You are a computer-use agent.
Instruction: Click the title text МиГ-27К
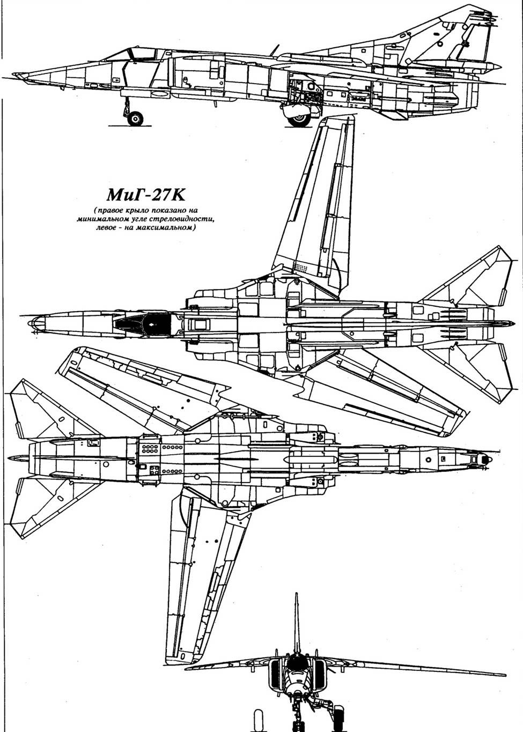click(144, 194)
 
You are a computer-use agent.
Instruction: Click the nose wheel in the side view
click(135, 118)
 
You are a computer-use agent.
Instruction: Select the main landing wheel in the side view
click(299, 119)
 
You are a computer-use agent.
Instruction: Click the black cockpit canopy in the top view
click(142, 323)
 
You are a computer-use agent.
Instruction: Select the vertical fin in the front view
click(296, 622)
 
